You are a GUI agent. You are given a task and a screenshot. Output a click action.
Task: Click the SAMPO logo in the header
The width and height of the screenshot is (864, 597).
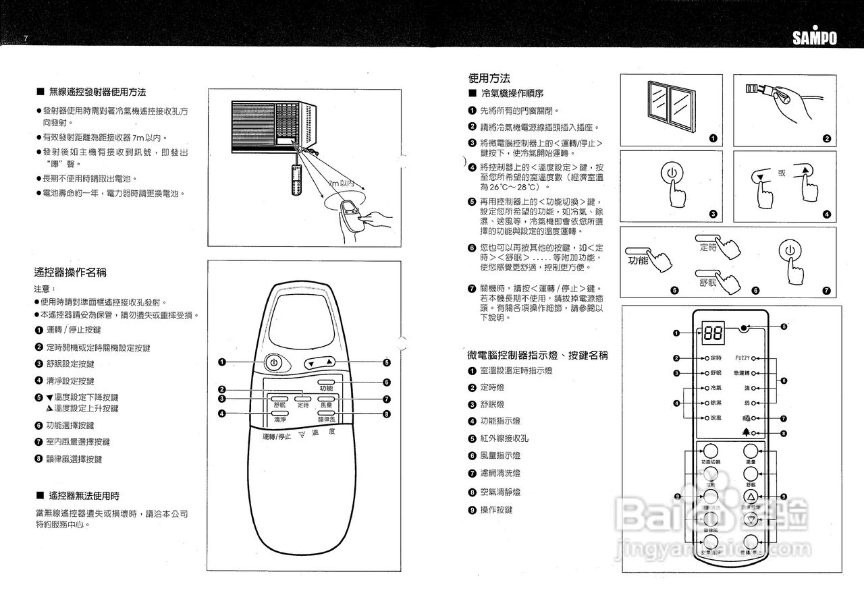coord(814,38)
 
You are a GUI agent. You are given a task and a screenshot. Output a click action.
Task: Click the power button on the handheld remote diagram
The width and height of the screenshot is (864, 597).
coord(273,363)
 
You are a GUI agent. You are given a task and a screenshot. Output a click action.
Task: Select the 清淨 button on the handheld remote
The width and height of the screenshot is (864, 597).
coord(279,412)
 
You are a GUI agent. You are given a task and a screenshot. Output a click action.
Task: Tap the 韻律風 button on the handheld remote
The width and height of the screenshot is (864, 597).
coord(327,412)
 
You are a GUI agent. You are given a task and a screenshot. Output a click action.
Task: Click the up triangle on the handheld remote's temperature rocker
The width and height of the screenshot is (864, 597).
coord(329,362)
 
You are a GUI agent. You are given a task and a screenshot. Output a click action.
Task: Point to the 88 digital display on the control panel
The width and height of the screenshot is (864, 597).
coord(712,333)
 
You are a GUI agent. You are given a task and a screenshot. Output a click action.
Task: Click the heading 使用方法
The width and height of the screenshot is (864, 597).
coord(489,78)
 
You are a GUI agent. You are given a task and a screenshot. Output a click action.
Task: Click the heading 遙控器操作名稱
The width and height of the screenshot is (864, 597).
coord(70,273)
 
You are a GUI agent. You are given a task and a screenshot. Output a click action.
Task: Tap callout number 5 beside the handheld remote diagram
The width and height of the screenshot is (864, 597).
coord(387,362)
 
